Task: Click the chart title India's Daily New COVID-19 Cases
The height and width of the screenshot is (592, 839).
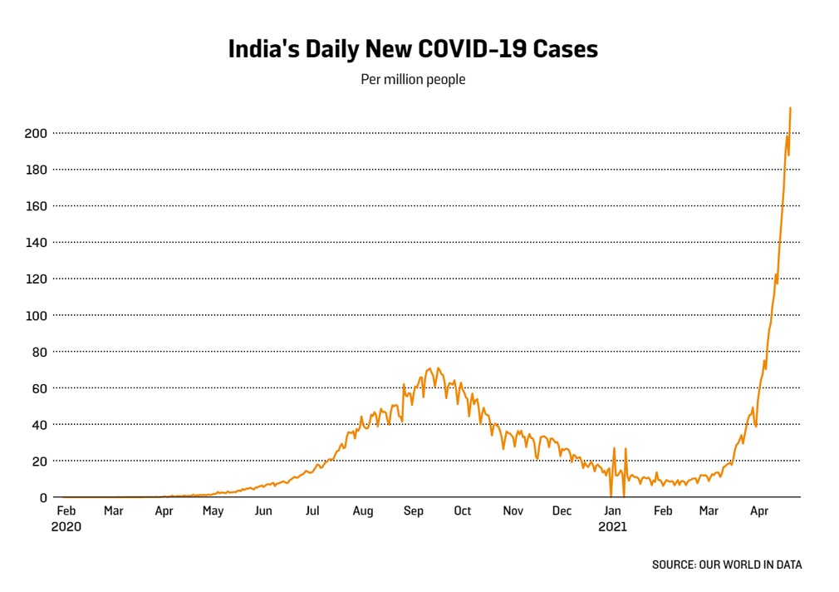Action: [x=413, y=49]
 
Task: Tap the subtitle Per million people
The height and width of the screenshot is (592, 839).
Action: [x=413, y=79]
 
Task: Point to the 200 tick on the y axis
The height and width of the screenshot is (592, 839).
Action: [x=36, y=133]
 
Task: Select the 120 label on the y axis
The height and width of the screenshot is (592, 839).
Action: [x=36, y=279]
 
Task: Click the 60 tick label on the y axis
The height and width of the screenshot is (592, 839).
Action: [x=39, y=388]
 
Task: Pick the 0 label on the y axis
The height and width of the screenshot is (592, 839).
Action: [x=43, y=497]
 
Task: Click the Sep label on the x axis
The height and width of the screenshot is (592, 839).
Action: [x=413, y=511]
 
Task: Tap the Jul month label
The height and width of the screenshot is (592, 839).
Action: [x=312, y=511]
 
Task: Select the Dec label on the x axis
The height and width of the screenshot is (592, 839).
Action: [x=562, y=511]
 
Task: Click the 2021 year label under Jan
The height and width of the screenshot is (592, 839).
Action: [x=613, y=526]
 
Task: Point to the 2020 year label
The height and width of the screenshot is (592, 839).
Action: [x=66, y=526]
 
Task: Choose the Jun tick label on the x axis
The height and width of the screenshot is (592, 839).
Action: [x=263, y=511]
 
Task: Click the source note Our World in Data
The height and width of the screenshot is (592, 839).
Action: [x=727, y=565]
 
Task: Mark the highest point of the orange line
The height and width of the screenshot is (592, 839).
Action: [x=790, y=108]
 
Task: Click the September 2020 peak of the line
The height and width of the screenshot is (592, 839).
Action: [x=439, y=368]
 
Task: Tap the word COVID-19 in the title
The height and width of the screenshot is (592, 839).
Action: [x=473, y=49]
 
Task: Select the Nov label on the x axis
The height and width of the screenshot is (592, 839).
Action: [x=513, y=511]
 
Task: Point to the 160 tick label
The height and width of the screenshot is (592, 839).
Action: [x=36, y=205]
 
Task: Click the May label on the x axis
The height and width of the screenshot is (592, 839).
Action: [x=213, y=511]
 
